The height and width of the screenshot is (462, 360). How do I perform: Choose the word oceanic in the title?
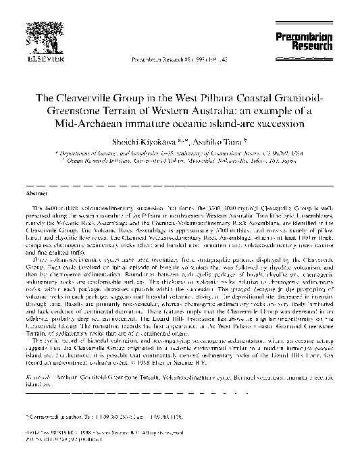pos(194,124)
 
